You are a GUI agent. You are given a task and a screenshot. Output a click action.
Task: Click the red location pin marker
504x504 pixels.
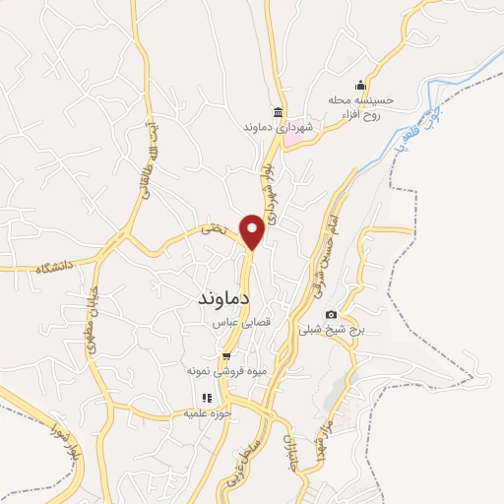(x=252, y=230)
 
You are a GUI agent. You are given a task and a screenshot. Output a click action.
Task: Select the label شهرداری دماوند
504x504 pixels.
(x=280, y=128)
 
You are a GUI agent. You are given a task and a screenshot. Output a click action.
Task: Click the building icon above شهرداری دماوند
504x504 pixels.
(x=280, y=111)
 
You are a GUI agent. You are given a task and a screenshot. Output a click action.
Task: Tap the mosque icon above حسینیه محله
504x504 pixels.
(x=360, y=84)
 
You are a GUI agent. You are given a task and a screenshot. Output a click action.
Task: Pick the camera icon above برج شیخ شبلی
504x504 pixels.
(x=330, y=314)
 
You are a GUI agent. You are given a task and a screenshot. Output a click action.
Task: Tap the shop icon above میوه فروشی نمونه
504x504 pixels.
(x=226, y=355)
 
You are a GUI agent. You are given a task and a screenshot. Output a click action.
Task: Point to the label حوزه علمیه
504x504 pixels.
(x=208, y=413)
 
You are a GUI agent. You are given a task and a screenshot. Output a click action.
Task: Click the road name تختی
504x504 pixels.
(x=213, y=229)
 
